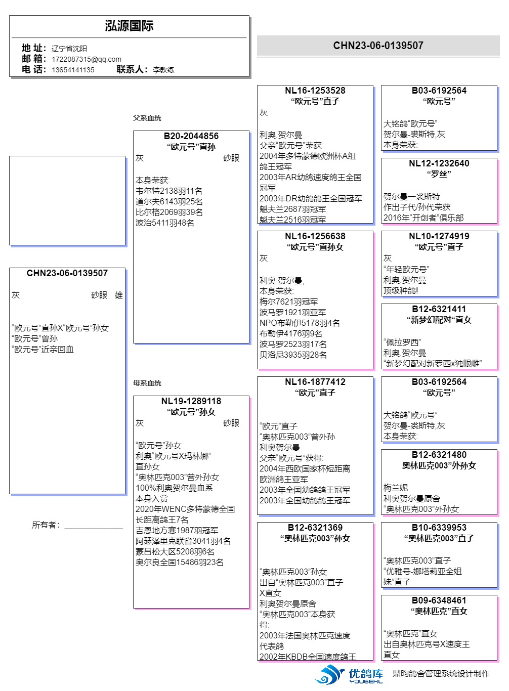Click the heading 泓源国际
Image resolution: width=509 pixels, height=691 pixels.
coord(129,26)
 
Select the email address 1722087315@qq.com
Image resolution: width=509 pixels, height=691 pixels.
coord(87,59)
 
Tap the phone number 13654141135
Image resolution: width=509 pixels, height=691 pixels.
coord(73,70)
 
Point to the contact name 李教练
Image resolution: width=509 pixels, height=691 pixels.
coord(163,70)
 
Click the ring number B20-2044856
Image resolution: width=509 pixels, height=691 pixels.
coord(191,136)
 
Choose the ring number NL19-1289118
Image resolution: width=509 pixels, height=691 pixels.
coord(191,401)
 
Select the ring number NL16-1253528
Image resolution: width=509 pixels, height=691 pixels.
coord(315,91)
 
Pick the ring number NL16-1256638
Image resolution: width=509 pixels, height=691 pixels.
coord(315,236)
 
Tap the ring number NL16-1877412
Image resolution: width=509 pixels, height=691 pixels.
coord(315,382)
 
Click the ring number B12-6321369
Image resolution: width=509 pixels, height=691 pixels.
coord(315,528)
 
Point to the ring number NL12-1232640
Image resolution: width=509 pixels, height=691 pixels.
coord(439,163)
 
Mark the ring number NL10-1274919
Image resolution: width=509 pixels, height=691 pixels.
coord(439,236)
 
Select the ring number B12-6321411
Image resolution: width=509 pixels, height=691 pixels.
coord(439,309)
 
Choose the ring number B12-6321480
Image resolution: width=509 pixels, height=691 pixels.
coord(439,455)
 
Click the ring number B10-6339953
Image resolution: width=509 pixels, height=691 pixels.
coord(439,528)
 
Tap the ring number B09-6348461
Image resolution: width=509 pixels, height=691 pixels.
coord(439,600)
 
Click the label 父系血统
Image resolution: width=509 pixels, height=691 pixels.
coord(147,118)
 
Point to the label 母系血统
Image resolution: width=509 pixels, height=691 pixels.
coord(147,383)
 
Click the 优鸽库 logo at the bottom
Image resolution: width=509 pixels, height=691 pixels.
coord(349,675)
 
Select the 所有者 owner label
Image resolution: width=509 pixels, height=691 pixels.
coord(46,525)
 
